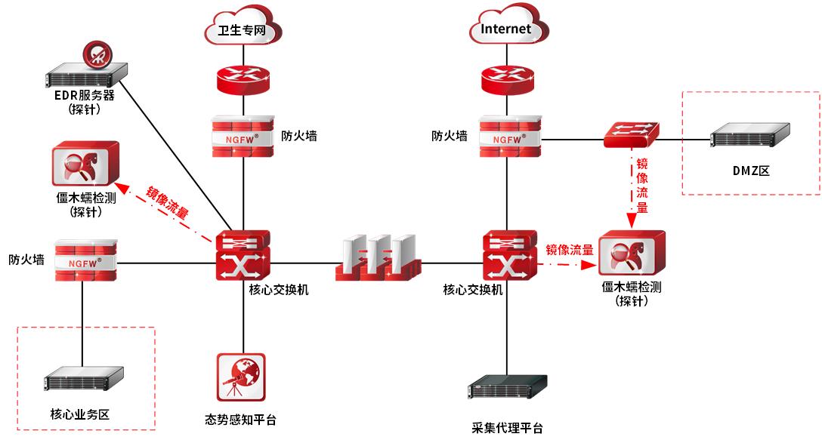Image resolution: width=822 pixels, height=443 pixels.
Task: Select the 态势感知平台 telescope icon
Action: [241, 378]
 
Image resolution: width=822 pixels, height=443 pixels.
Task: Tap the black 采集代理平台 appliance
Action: [507, 389]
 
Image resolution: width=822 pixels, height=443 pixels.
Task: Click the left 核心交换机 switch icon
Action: [242, 257]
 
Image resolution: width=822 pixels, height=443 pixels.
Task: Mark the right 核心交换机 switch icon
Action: [508, 257]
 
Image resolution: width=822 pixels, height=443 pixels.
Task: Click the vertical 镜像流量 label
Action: [641, 186]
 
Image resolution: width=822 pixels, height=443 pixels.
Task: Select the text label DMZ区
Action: [751, 171]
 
